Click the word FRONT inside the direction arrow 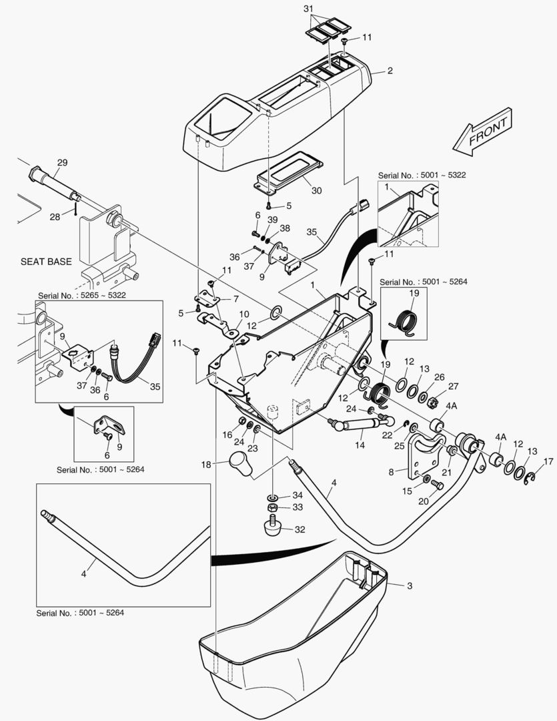[x=490, y=131]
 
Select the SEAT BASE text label [x=45, y=262]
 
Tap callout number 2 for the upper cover [x=390, y=71]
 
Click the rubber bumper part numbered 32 [x=271, y=529]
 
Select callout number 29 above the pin [x=62, y=163]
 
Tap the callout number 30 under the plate [x=316, y=190]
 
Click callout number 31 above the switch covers [x=326, y=8]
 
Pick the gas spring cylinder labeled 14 [x=356, y=425]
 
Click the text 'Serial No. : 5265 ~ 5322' [x=81, y=294]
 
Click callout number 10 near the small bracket [x=244, y=314]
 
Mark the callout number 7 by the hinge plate [x=234, y=300]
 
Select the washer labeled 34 [x=273, y=497]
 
